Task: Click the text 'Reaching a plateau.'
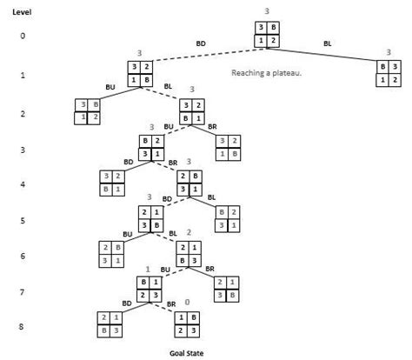(x=266, y=73)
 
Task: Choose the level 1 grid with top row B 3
(x=389, y=73)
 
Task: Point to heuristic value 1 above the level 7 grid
(x=148, y=270)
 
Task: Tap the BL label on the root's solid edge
(x=328, y=43)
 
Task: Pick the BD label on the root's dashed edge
(x=201, y=43)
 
